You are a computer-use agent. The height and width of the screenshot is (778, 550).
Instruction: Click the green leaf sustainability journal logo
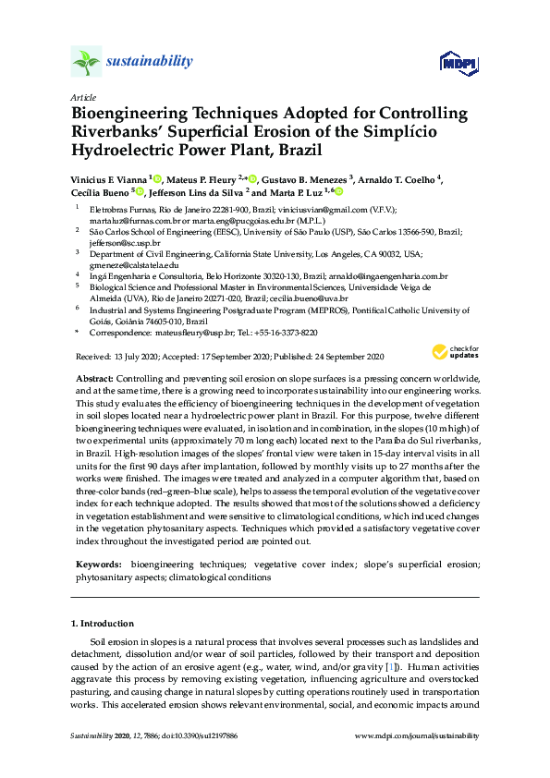(85, 62)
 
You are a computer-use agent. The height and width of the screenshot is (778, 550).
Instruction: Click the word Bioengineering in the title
(129, 113)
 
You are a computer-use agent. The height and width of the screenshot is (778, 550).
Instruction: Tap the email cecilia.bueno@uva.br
(320, 299)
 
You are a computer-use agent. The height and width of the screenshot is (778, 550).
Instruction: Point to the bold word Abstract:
(92, 380)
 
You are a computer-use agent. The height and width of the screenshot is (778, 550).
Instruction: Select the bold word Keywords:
(99, 563)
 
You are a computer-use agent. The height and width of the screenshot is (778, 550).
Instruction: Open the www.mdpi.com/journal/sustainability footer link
(417, 735)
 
